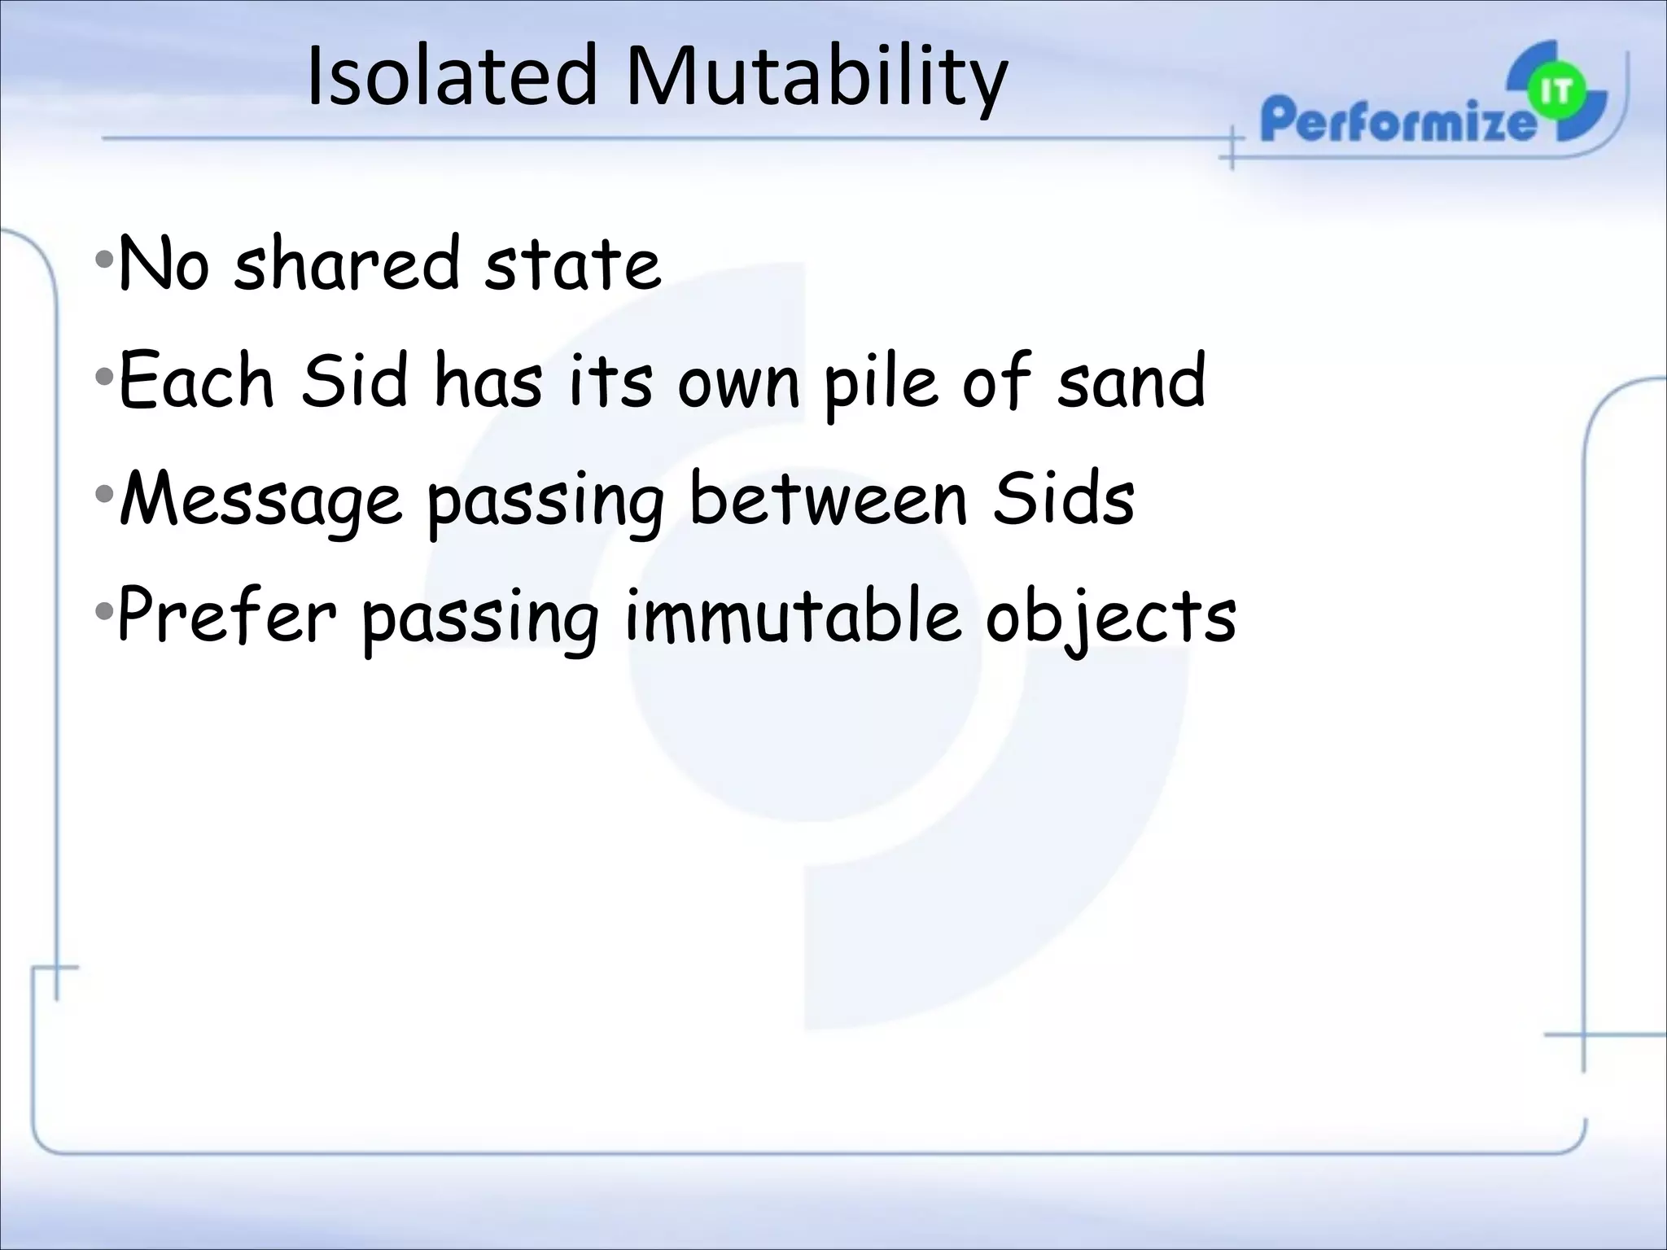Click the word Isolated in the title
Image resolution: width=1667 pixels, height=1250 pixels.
coord(453,76)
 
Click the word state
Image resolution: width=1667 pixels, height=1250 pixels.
coord(571,264)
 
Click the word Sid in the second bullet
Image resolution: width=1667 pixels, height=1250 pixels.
coord(353,380)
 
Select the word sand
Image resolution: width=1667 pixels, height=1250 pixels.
coord(1131,381)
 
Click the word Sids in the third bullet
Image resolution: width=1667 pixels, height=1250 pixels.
coord(1063,498)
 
